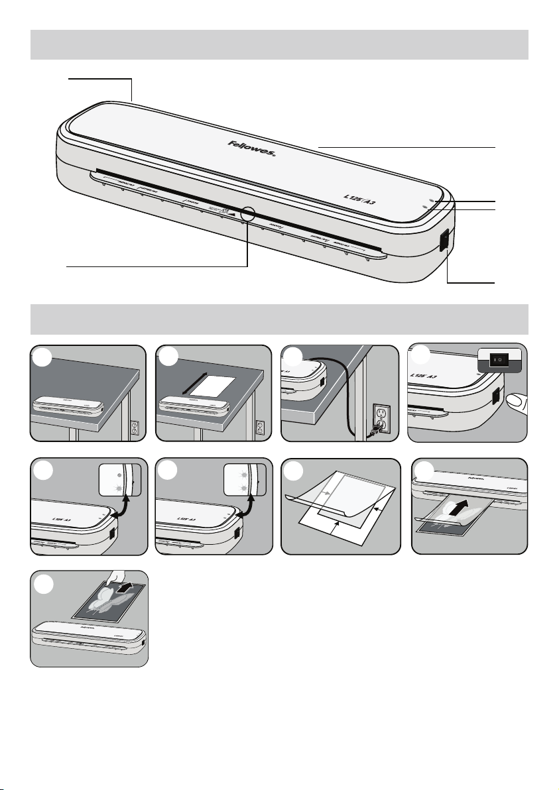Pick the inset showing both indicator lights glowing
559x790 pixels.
coord(245,478)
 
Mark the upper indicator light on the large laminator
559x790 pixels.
coord(432,199)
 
